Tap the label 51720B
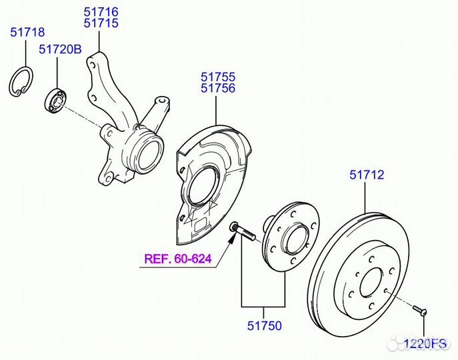[59, 49]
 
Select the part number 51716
[101, 11]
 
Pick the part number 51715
[101, 23]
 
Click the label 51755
[218, 77]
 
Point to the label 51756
[218, 89]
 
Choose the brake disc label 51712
[367, 175]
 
